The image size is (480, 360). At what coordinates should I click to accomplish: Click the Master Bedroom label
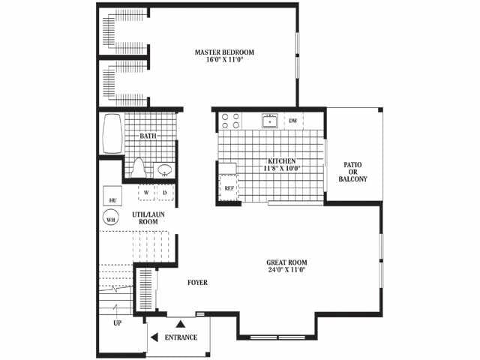point(224,52)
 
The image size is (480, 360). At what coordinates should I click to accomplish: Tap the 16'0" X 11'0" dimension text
point(224,60)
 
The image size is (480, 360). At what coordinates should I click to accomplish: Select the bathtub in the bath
point(112,133)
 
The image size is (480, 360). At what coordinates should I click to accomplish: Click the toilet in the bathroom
point(139,168)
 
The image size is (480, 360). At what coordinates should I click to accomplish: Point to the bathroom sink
point(165,170)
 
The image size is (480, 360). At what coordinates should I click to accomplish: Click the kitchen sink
point(270,121)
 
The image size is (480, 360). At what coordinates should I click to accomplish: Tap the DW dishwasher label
point(293,121)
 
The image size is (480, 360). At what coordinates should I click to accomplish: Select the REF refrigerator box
point(229,187)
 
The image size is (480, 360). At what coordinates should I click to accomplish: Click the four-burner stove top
point(231,121)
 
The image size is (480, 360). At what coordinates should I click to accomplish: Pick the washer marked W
point(146,193)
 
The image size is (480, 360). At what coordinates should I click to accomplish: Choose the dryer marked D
point(165,193)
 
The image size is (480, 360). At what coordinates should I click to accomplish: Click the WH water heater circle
point(110,217)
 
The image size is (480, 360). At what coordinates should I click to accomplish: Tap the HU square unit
point(112,196)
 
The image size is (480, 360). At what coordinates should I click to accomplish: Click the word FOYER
point(197,282)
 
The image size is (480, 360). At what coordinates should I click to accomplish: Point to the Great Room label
point(286,262)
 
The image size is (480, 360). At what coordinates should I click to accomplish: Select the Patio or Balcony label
point(352,172)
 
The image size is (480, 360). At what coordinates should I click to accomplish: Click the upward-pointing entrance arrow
point(181,323)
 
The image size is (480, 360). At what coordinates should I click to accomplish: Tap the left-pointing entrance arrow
point(154,337)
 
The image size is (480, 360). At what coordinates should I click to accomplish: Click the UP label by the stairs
point(118,322)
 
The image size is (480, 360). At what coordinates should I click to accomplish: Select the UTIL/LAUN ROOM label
point(148,218)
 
